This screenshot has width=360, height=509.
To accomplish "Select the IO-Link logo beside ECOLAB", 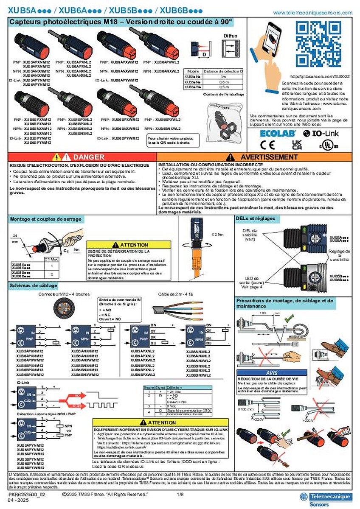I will click(314, 132).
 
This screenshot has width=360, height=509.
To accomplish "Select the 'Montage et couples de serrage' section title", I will click(46, 219).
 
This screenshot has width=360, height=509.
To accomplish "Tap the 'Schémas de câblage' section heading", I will click(34, 285).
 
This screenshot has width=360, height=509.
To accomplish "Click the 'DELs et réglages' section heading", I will click(256, 219).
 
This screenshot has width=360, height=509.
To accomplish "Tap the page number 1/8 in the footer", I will click(180, 495).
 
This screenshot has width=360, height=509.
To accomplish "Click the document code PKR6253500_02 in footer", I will click(27, 495).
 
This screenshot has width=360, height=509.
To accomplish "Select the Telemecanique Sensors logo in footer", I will click(325, 499).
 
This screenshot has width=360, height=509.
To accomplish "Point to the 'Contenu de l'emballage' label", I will click(223, 94).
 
